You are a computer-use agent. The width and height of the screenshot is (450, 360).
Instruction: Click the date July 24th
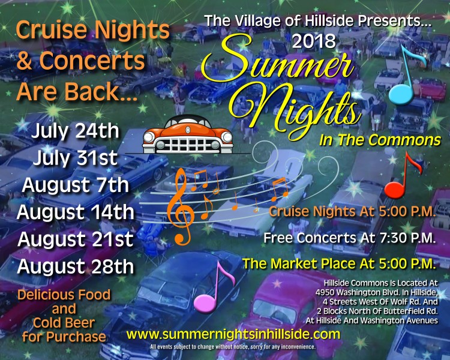point(75,131)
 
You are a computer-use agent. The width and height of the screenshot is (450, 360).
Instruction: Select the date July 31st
point(75,158)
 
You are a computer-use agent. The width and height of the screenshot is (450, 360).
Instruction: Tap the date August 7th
point(75,185)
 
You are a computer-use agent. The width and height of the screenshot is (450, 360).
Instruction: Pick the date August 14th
point(75,212)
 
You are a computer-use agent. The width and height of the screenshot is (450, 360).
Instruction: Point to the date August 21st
point(75,239)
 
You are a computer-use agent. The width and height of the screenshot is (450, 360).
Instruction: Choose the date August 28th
point(75,266)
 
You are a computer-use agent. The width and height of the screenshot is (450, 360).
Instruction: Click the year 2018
point(314,41)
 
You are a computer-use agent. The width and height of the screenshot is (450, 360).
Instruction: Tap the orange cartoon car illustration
point(188,134)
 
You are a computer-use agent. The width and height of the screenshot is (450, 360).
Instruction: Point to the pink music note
point(214,287)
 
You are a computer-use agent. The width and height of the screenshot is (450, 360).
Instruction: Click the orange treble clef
point(181,206)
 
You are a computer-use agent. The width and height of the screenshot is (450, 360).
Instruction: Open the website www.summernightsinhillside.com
point(233,334)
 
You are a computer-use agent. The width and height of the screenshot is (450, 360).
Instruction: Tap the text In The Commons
point(380,140)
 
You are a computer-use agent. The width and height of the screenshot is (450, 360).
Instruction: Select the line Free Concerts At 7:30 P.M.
point(350,238)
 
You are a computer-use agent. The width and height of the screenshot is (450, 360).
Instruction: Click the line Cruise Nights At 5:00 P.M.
point(352,212)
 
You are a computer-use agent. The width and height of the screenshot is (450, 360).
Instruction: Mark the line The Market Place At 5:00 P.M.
point(339,264)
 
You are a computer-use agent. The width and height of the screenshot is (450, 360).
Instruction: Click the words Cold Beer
point(64,323)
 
